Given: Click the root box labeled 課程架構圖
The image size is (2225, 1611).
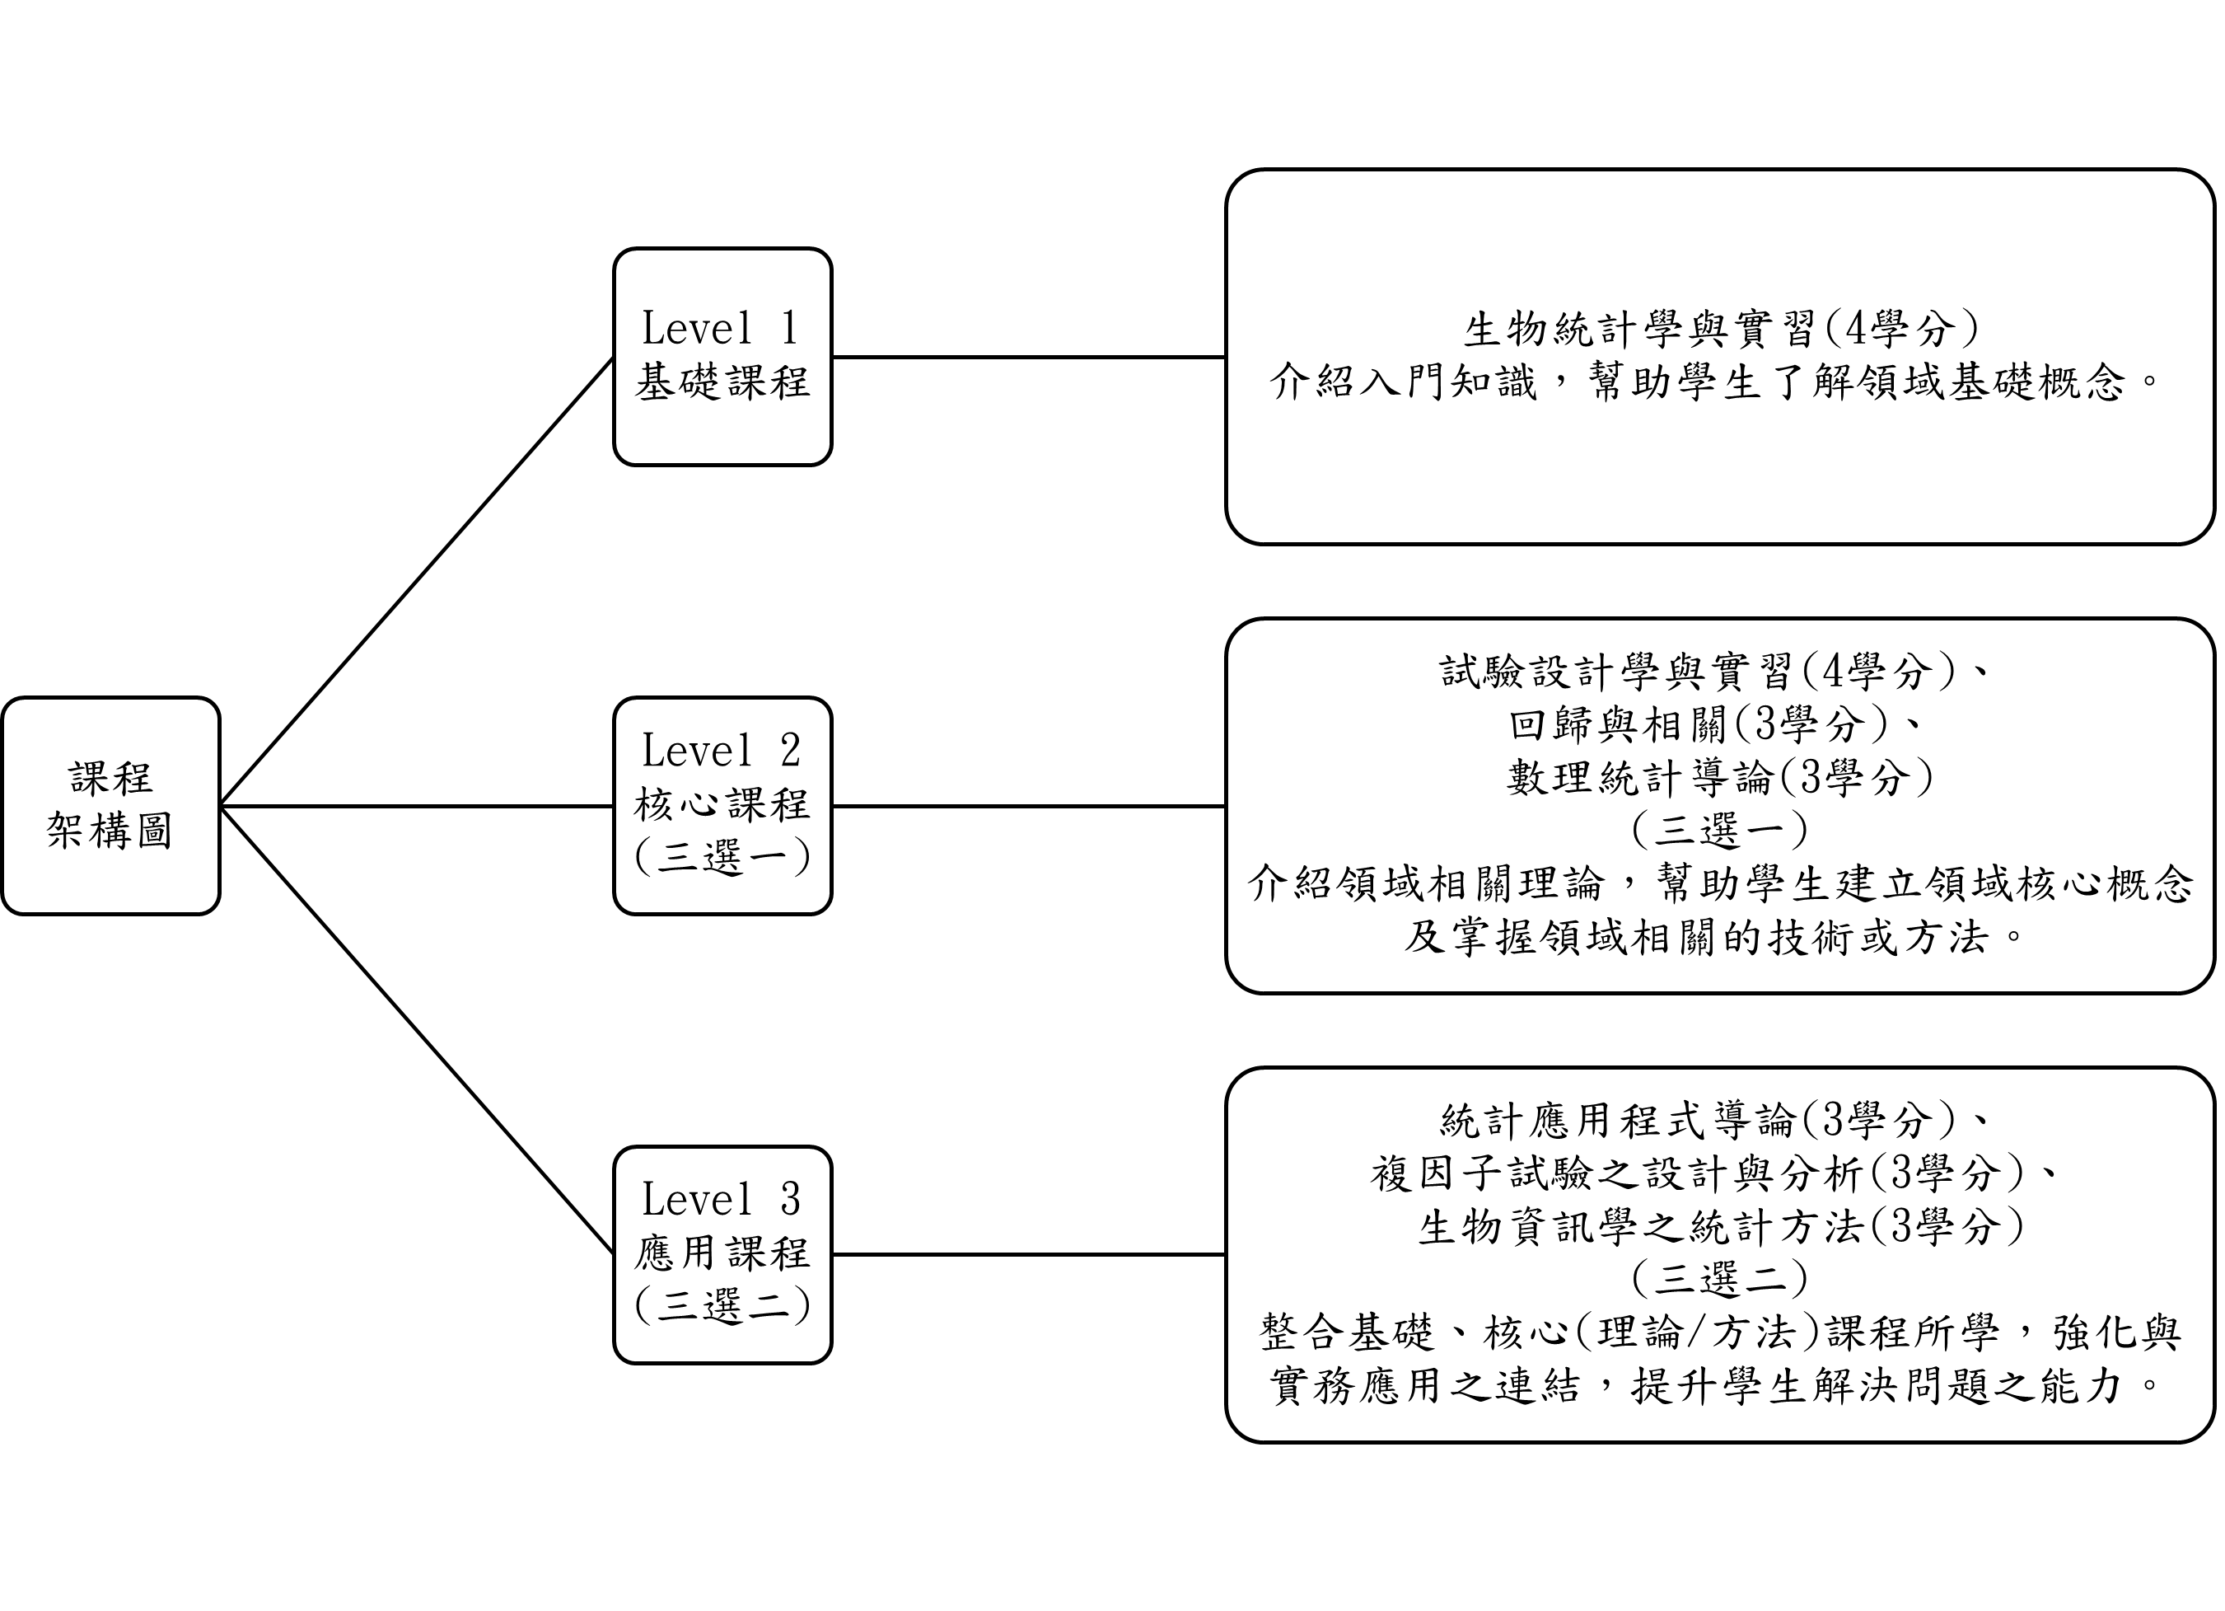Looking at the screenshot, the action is click(111, 807).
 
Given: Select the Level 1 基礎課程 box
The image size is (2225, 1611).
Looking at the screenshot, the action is click(723, 357).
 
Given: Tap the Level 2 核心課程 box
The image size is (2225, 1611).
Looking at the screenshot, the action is click(723, 807).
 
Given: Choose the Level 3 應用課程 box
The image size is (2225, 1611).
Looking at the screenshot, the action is click(723, 1255).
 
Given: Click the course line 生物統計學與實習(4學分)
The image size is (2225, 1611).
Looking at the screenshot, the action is click(1721, 330).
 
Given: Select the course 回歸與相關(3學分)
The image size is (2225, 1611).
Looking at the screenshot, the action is click(1697, 725).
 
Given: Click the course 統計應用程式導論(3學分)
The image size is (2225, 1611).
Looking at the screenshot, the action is click(1697, 1121).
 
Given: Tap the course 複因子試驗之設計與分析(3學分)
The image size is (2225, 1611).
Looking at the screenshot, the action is click(1697, 1173).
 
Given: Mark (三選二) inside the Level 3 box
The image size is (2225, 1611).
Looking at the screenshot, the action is click(723, 1306).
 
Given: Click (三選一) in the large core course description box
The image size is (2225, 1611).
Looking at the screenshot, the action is click(1721, 831).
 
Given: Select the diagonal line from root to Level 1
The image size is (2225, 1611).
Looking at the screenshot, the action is click(418, 582).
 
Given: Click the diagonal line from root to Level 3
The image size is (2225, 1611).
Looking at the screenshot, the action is click(418, 1030).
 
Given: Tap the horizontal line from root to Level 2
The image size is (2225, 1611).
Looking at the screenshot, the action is click(418, 807).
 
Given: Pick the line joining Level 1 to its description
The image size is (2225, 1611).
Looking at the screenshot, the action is click(1029, 357).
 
